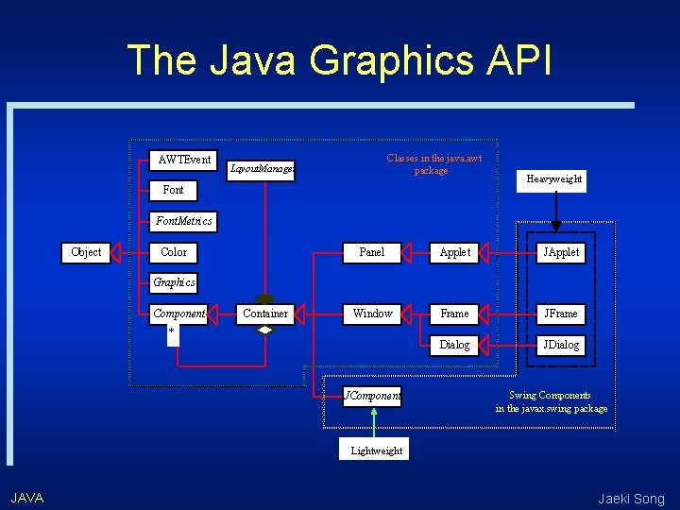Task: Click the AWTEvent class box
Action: (x=185, y=160)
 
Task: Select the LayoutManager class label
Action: (x=262, y=169)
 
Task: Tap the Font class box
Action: (x=174, y=190)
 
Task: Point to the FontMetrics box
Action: (x=184, y=221)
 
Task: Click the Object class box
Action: (x=86, y=252)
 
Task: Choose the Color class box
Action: (x=174, y=252)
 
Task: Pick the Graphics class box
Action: (x=175, y=281)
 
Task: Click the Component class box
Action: (x=178, y=314)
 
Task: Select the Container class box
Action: (x=265, y=314)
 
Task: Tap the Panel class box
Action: (x=372, y=252)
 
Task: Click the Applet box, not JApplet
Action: (x=455, y=252)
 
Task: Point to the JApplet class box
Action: (x=561, y=252)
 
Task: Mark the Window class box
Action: (x=372, y=314)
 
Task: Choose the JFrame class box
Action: (x=561, y=314)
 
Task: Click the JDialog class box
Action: (x=561, y=345)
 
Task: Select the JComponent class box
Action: (x=372, y=396)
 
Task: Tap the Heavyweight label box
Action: (x=554, y=178)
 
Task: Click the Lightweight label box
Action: (x=376, y=450)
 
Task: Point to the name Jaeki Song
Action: (x=631, y=499)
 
